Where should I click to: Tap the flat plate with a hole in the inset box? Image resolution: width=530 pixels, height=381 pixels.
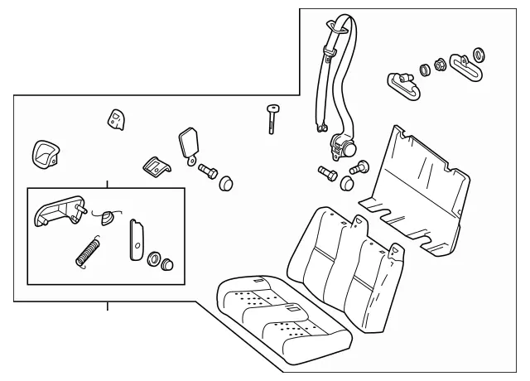(135, 239)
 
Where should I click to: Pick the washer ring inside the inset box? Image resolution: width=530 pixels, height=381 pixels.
(154, 261)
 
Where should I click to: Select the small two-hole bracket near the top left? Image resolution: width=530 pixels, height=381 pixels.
(115, 120)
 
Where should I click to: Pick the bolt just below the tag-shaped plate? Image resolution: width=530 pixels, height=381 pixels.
(206, 173)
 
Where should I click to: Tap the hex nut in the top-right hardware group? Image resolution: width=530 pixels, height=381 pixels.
(439, 64)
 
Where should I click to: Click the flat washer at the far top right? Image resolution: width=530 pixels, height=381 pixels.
(479, 56)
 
